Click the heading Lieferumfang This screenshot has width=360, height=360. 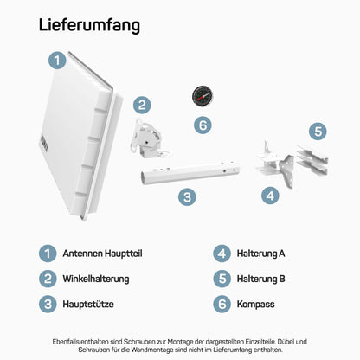point(89,26)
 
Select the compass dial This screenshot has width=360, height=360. point(202,95)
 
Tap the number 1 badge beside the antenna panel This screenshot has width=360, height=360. point(55,60)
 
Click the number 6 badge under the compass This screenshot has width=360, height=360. point(202,125)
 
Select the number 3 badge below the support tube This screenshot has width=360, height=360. point(187,198)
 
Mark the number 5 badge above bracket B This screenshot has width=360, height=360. point(318,132)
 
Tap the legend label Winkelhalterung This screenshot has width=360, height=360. point(96,279)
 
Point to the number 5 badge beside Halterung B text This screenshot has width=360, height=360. point(222,279)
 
